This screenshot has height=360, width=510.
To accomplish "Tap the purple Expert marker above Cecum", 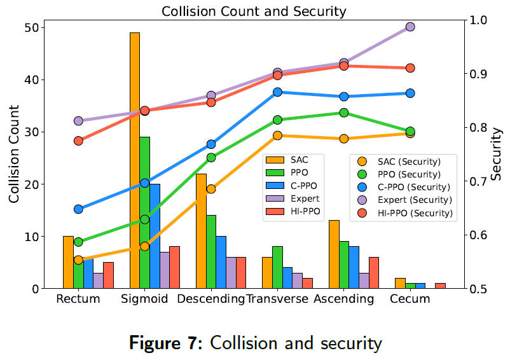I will (410, 27).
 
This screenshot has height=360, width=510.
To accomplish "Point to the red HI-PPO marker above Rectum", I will (78, 141).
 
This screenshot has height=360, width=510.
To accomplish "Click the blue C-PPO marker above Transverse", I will (278, 92).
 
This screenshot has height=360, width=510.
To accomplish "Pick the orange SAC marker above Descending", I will (211, 189).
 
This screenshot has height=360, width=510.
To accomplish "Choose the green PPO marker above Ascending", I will (344, 113).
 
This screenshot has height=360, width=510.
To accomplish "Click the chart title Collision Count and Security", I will (254, 11).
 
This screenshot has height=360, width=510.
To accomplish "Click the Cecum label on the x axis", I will (410, 299).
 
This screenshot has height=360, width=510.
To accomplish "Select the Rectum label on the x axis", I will (78, 299).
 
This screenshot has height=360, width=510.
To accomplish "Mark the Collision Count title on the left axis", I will (14, 156).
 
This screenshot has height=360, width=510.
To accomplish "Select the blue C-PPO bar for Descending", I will (221, 262).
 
